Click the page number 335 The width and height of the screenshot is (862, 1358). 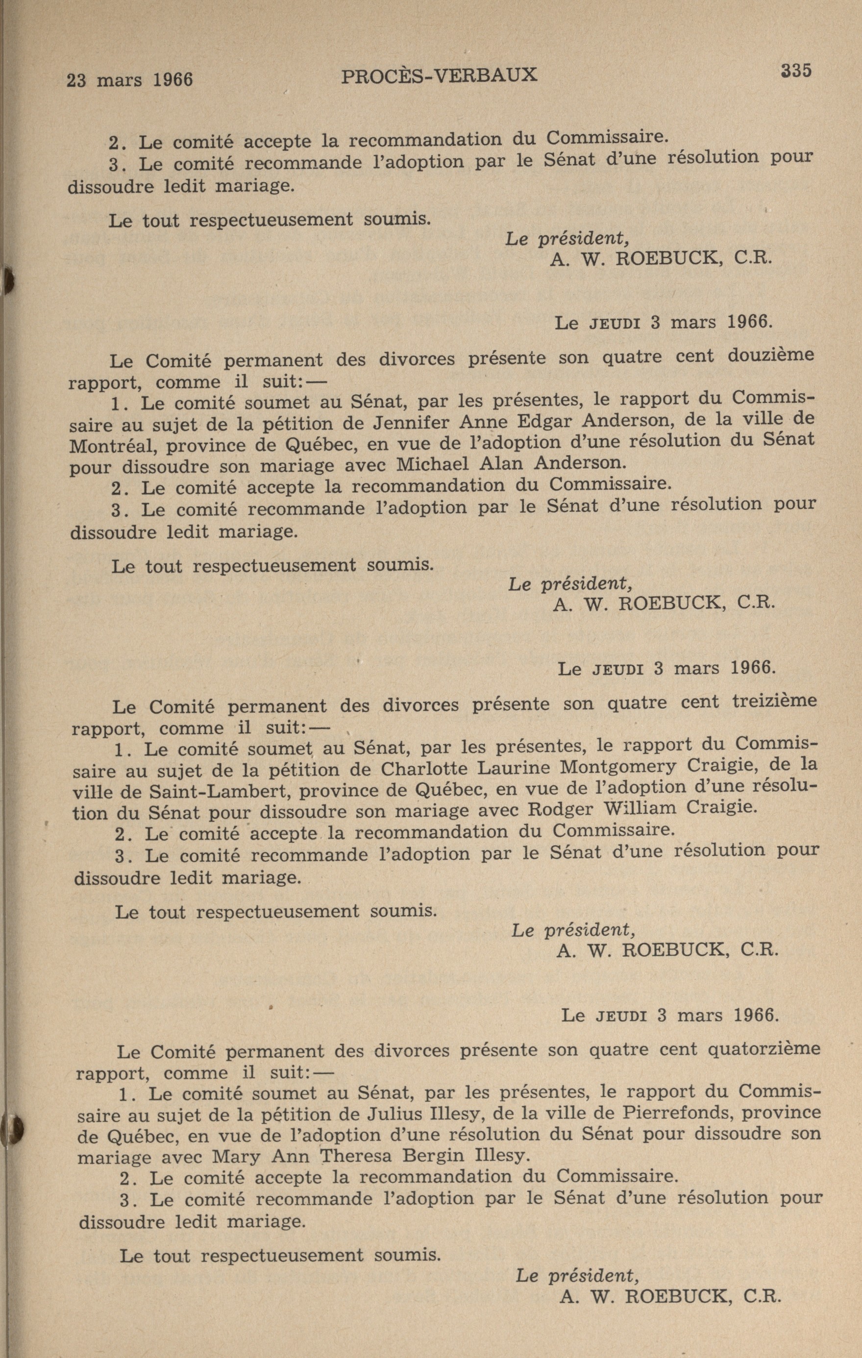795,71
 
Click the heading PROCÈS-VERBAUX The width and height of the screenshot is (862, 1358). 439,75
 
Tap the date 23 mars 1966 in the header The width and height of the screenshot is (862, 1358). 130,79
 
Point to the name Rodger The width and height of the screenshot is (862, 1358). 561,809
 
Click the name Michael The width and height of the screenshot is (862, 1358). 433,464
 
